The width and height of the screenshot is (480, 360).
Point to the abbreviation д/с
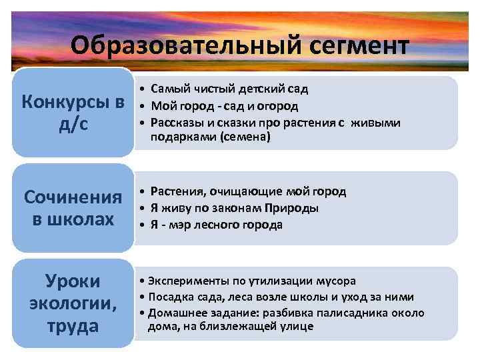tap(73, 125)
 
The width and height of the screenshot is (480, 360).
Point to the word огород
tap(279, 106)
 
